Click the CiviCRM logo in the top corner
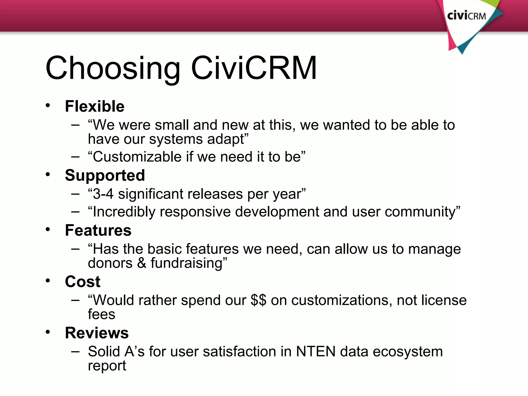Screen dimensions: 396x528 (467, 16)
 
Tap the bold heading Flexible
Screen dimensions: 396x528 (95, 106)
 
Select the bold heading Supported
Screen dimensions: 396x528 (105, 175)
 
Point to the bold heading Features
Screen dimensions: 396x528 (98, 230)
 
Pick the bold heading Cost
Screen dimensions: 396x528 (82, 282)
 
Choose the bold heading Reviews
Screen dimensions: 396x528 (97, 333)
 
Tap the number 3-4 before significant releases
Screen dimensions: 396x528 (103, 194)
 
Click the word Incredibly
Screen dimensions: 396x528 (124, 212)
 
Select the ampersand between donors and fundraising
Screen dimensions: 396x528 (142, 263)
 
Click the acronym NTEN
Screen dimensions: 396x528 (316, 351)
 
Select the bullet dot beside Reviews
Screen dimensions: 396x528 (48, 332)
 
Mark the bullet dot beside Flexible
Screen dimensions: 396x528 (48, 105)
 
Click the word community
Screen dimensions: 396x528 (420, 212)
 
